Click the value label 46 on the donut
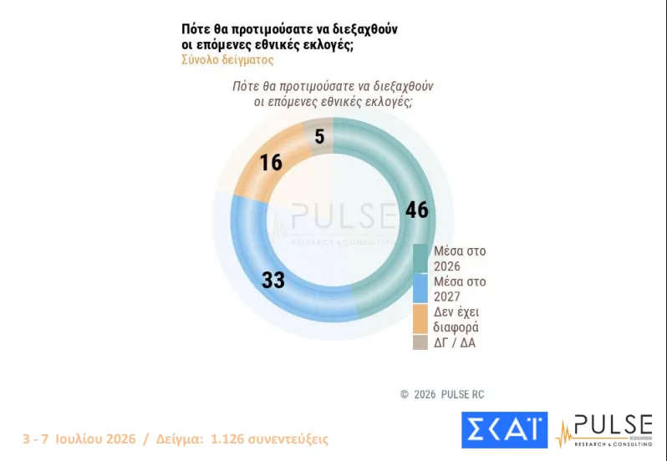[x=417, y=210]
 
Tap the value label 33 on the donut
[x=273, y=281]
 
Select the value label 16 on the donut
[x=271, y=163]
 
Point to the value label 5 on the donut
[x=319, y=137]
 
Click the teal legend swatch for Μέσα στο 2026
[x=420, y=258]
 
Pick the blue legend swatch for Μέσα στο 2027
[x=420, y=288]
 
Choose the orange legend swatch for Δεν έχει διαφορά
[x=420, y=319]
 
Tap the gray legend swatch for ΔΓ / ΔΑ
[x=420, y=342]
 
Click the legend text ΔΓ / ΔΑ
[x=455, y=343]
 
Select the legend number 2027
[x=446, y=296]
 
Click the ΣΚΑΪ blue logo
[x=505, y=429]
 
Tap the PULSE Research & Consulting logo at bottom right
[x=604, y=430]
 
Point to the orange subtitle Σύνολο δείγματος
[x=227, y=60]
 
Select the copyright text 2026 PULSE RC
[x=449, y=394]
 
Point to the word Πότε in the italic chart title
[x=246, y=86]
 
